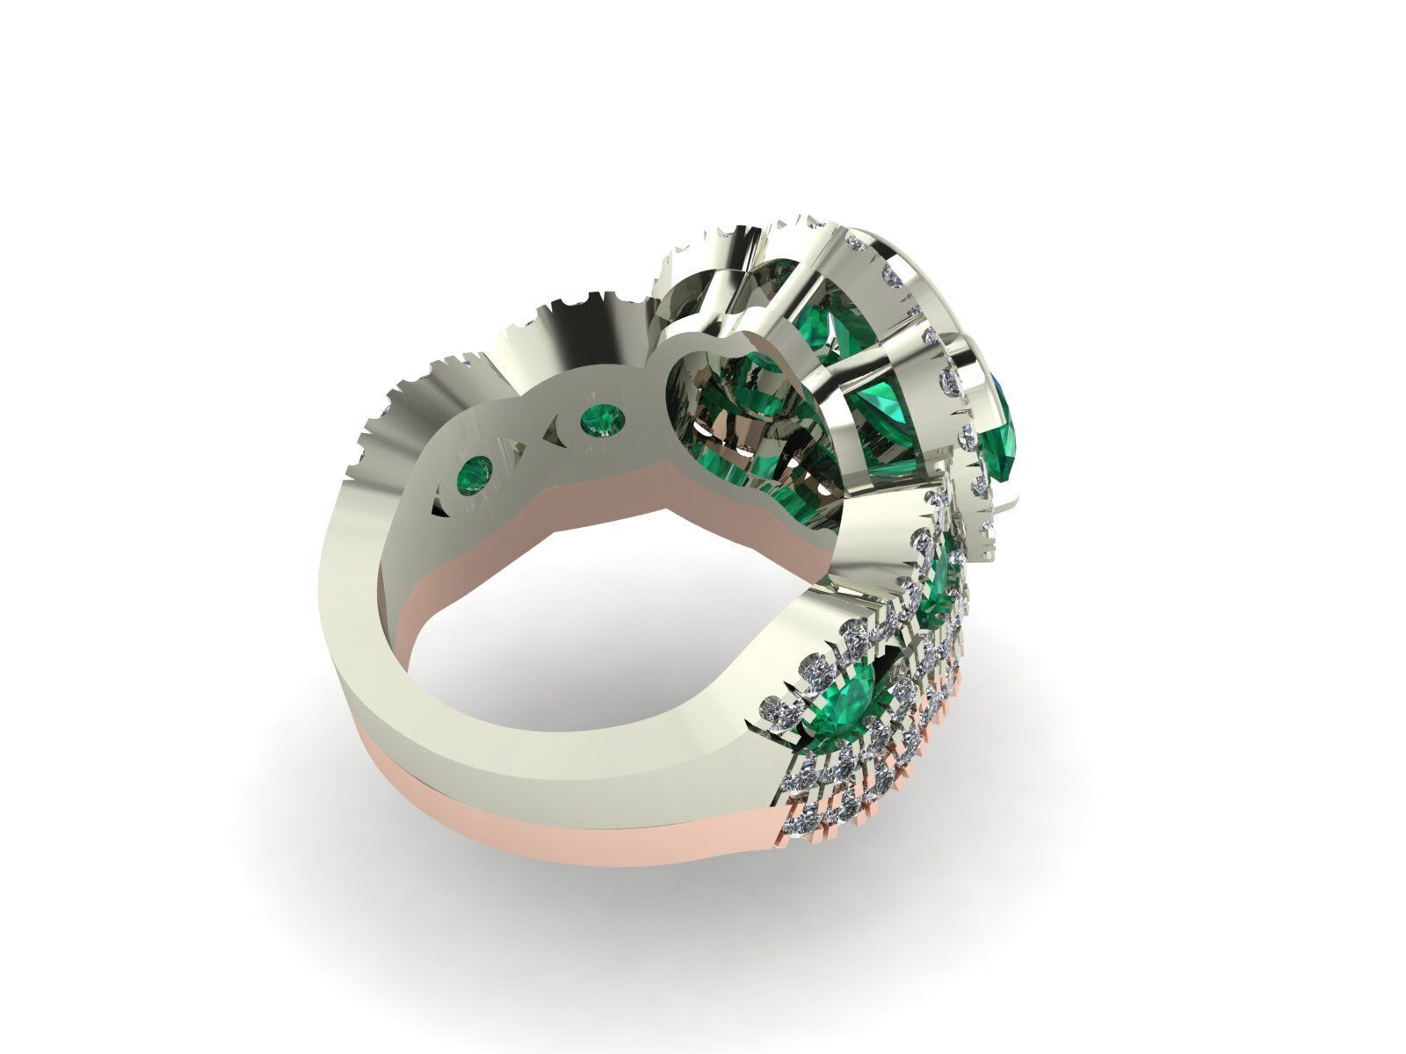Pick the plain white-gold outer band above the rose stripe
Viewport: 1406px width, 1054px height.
pyautogui.click(x=439, y=694)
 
